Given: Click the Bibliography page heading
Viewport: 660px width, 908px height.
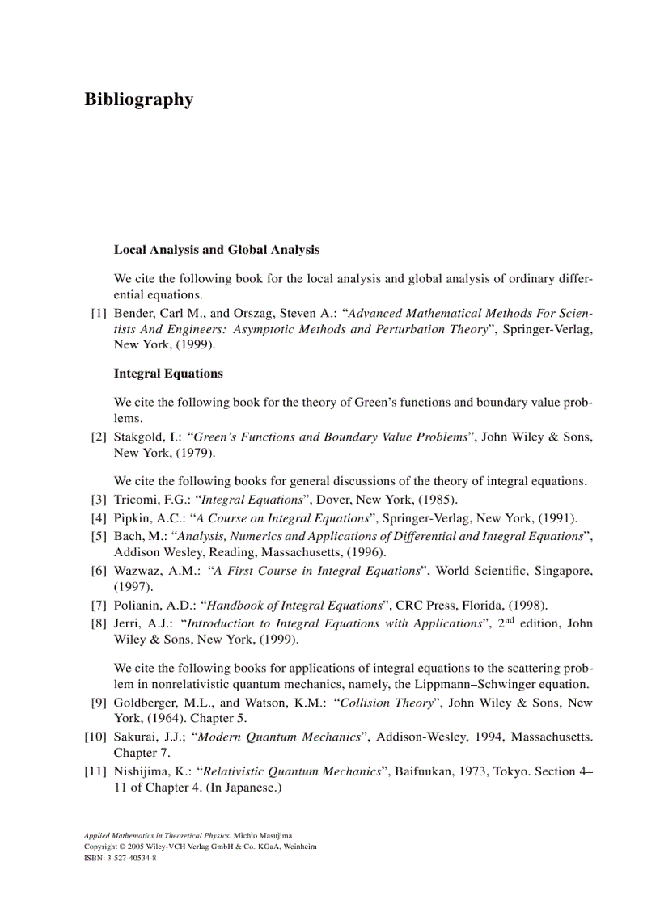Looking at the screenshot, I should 138,99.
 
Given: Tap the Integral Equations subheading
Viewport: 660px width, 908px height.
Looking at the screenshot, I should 168,374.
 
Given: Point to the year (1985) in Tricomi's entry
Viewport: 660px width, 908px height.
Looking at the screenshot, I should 438,499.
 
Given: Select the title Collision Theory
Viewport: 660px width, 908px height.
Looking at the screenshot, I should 387,703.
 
